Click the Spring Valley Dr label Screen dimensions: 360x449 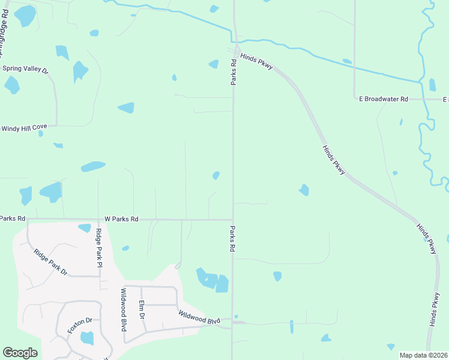(25, 69)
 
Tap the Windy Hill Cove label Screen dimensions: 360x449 (25, 128)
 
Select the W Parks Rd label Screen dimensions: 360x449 (121, 220)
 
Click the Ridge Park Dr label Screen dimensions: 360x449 (50, 262)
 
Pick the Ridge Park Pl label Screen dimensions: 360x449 (100, 247)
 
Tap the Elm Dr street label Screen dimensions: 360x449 (142, 309)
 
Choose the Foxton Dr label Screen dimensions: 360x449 (79, 325)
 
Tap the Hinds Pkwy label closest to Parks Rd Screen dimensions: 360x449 (256, 61)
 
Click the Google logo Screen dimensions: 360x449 (20, 353)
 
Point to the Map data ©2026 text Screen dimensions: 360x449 (423, 355)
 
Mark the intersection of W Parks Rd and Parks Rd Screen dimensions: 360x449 (233, 220)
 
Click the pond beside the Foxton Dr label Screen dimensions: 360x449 (87, 338)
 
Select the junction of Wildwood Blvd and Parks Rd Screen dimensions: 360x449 (232, 325)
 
